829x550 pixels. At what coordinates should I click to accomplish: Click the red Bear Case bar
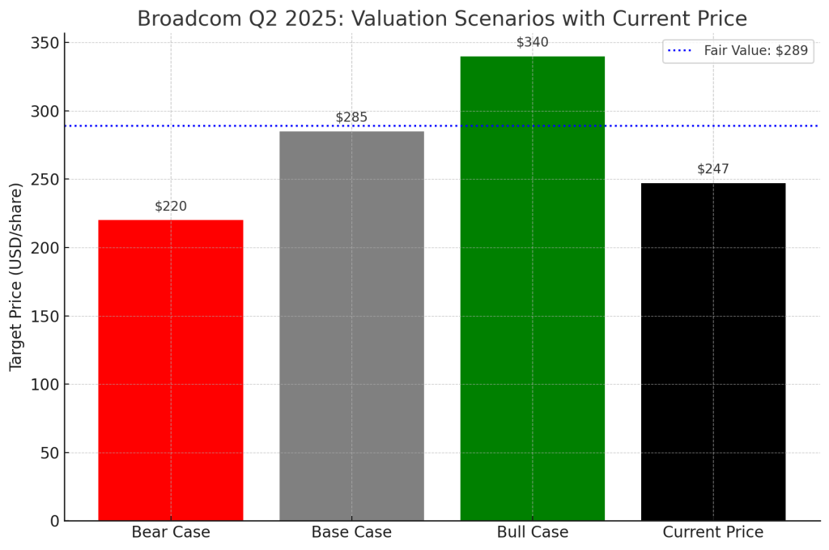[170, 369]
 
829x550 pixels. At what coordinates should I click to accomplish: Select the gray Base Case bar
[351, 326]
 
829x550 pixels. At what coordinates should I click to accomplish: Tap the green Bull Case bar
[532, 288]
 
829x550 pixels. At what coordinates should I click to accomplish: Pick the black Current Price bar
[713, 352]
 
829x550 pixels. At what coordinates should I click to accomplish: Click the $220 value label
[171, 207]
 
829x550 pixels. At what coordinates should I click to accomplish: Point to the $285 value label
[351, 117]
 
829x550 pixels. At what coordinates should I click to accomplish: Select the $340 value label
[532, 42]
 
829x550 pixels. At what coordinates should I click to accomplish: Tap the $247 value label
[713, 169]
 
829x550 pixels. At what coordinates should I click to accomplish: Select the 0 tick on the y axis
[54, 521]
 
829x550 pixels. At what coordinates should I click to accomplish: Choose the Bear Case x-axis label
[171, 532]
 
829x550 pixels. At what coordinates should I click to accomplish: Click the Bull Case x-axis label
[532, 532]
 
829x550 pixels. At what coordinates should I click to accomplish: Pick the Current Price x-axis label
[713, 532]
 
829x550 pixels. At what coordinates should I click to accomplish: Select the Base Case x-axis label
[351, 532]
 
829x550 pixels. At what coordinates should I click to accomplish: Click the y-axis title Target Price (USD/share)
[16, 277]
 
